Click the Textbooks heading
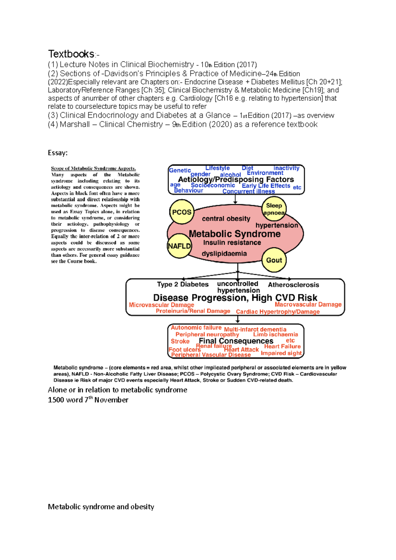[x=72, y=54]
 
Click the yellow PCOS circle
[x=181, y=212]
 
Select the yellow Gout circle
[x=274, y=260]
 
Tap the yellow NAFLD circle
[x=179, y=246]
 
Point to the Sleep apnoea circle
[x=274, y=209]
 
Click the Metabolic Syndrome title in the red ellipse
[x=235, y=234]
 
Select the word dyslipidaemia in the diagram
[x=224, y=254]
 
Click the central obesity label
[x=226, y=219]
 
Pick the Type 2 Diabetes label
[x=183, y=284]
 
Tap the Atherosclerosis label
[x=293, y=285]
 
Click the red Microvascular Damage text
[x=161, y=305]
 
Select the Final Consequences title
[x=236, y=341]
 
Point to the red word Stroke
[x=180, y=341]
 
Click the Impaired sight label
[x=281, y=353]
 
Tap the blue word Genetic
[x=180, y=170]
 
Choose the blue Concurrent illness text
[x=248, y=191]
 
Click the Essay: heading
[x=57, y=153]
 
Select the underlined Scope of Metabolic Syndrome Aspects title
[x=93, y=168]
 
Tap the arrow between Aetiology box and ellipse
[x=235, y=199]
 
